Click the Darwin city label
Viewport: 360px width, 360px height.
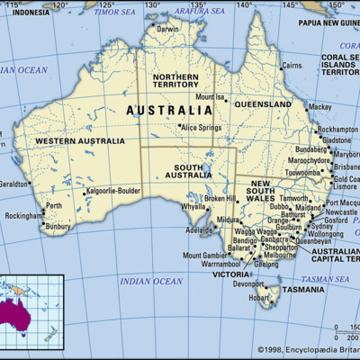(x=167, y=29)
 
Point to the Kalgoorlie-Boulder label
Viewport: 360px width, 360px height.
(x=113, y=192)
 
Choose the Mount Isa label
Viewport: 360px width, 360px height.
(x=210, y=96)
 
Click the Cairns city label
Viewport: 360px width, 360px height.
(x=292, y=66)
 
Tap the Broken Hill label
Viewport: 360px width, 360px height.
(x=220, y=198)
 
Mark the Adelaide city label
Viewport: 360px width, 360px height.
(x=200, y=229)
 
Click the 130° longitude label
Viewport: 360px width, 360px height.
(x=153, y=4)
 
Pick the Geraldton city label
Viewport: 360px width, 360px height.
(x=14, y=183)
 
